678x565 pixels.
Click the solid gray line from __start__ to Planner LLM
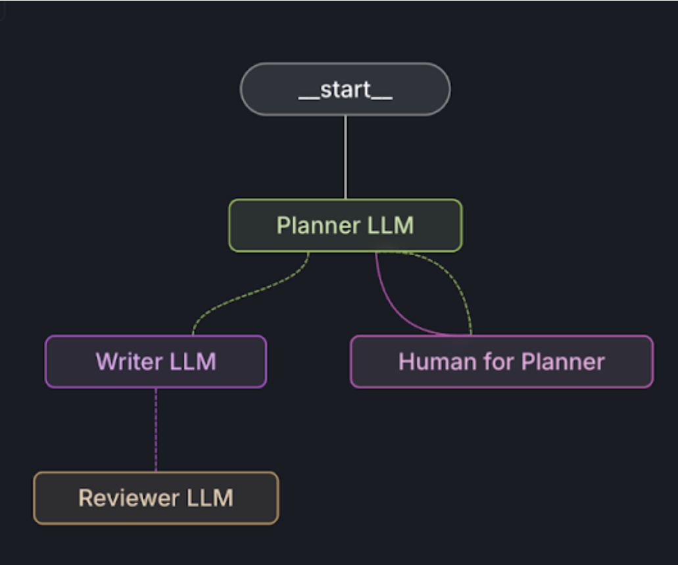coord(345,158)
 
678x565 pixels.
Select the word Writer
coord(128,362)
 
